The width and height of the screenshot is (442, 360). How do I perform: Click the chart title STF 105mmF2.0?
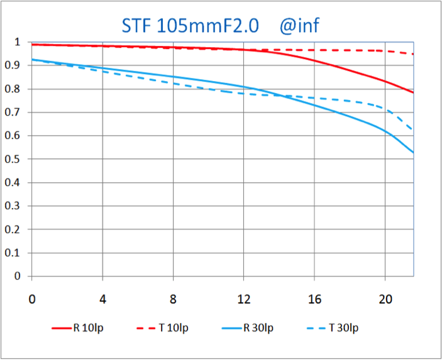coord(190,26)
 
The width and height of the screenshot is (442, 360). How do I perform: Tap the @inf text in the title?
coord(299,26)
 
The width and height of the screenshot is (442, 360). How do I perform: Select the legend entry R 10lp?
coord(77,328)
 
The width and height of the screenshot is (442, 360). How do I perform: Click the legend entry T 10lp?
coord(162,328)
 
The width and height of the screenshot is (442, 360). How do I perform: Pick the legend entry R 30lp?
coord(248,328)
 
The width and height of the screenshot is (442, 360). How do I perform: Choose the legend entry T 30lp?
coord(333,328)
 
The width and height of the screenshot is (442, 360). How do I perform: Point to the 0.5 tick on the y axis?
coord(13,159)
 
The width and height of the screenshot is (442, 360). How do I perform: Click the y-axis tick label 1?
coord(18,42)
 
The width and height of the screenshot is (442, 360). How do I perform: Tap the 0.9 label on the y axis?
coord(13,65)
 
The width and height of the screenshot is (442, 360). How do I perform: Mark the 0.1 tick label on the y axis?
coord(13,253)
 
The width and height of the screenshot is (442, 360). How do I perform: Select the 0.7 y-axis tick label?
coord(13,112)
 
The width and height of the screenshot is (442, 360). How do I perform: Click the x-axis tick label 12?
coord(244,299)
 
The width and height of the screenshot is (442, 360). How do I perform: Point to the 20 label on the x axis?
coord(385,299)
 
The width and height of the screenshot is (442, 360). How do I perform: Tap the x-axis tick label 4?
coord(102,299)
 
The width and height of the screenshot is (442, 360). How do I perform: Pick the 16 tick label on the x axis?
coord(314,299)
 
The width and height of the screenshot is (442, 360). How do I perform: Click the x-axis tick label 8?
coord(173,299)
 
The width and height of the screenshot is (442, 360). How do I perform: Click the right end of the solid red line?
coord(413,92)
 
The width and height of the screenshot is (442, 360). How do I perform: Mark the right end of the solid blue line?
coord(413,153)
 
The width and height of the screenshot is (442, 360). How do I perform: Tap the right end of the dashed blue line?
coord(413,130)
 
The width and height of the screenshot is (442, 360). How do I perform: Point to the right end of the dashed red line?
coord(413,54)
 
